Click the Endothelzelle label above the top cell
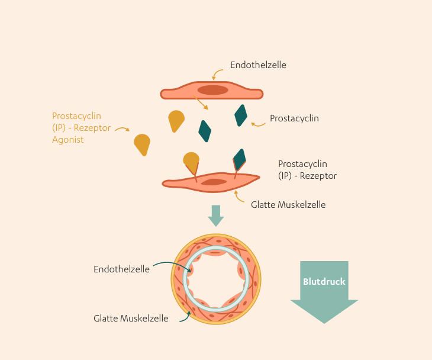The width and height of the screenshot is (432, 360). click(258, 65)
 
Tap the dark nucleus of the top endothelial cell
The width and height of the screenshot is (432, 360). click(212, 90)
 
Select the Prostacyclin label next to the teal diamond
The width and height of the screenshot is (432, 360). click(294, 118)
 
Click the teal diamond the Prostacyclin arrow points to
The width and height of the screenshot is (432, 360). click(240, 115)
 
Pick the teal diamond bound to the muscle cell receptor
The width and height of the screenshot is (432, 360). click(240, 159)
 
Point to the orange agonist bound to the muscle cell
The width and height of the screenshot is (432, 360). click(191, 160)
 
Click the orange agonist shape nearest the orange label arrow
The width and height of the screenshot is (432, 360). click(142, 144)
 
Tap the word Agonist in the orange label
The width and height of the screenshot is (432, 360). click(68, 140)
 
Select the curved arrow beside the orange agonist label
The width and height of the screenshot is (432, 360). click(122, 128)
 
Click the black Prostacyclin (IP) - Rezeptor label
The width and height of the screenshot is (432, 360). click(307, 169)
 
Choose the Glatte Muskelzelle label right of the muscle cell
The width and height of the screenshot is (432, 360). click(288, 205)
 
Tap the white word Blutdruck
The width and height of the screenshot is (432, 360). click(324, 282)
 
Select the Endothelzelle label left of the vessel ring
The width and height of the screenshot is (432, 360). click(121, 269)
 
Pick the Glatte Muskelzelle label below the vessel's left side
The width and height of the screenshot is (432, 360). click(131, 318)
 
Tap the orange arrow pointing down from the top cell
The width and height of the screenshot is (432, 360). click(202, 104)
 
